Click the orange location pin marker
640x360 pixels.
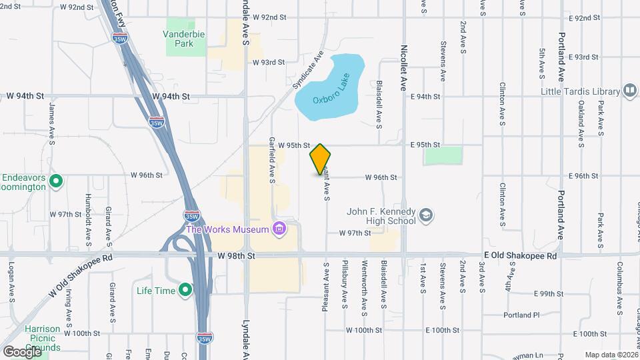pos(321,159)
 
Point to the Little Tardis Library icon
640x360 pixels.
pos(629,91)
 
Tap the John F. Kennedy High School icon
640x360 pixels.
pos(426,216)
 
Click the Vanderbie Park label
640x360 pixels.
pos(179,38)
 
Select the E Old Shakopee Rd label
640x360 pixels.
pos(521,256)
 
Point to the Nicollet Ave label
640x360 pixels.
pos(403,67)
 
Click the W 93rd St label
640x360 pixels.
pos(269,62)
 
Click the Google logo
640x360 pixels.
pos(21,351)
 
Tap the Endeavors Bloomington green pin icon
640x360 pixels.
pos(56,181)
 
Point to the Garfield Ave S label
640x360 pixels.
pos(272,161)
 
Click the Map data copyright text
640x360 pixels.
pos(610,355)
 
